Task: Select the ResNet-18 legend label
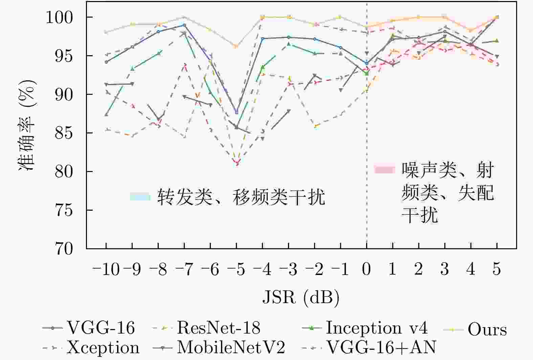click(x=219, y=328)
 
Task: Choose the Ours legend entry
click(x=487, y=330)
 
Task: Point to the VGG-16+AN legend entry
click(x=381, y=347)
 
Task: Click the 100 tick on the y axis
click(x=59, y=17)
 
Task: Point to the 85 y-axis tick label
click(x=64, y=133)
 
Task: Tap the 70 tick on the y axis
click(x=64, y=249)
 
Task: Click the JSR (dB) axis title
click(x=301, y=298)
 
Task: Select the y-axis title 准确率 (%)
click(x=27, y=125)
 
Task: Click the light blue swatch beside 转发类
click(x=140, y=197)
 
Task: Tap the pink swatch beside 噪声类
click(x=384, y=169)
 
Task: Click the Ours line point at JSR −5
click(x=236, y=46)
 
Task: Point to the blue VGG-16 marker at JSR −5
click(x=237, y=112)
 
